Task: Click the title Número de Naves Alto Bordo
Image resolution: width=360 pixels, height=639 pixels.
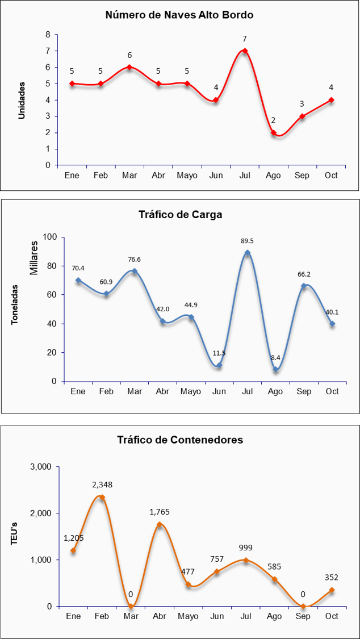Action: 179,15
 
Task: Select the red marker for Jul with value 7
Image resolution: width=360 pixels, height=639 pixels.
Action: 245,51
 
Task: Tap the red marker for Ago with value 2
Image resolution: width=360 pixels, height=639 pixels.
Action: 274,133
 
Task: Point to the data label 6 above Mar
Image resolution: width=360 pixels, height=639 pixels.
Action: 129,56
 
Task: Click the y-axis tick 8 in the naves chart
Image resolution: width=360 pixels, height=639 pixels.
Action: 48,35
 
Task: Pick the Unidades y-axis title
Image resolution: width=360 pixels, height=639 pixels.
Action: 22,100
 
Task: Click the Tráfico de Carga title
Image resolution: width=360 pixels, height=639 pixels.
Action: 180,215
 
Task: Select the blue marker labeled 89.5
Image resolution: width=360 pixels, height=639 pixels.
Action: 247,253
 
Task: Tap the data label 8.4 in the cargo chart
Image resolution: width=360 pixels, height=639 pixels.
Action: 275,358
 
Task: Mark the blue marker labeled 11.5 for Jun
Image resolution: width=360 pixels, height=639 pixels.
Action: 219,365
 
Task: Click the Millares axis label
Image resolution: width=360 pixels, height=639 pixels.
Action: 34,258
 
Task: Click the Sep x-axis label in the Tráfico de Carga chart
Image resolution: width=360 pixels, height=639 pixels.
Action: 303,391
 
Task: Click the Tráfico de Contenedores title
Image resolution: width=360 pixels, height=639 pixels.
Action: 180,440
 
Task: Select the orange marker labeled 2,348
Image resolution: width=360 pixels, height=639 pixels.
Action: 102,497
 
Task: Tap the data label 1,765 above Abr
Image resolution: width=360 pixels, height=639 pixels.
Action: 159,512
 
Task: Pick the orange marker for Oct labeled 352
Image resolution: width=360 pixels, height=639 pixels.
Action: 332,590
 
